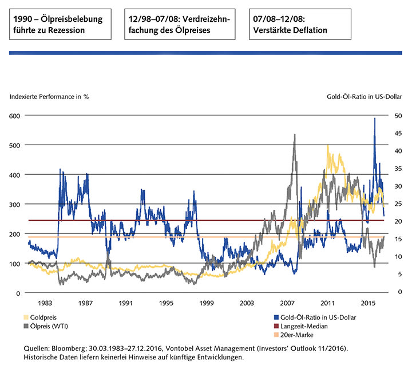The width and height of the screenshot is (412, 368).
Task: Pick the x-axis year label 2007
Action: click(x=287, y=302)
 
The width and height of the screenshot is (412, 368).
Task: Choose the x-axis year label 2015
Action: click(x=368, y=302)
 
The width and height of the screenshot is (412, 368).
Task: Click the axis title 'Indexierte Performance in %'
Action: click(x=49, y=96)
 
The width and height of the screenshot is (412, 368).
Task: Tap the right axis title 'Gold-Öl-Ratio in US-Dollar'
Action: click(x=362, y=96)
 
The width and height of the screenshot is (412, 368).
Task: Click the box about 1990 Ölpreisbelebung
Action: click(x=60, y=25)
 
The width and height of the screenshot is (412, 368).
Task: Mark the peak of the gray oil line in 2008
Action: click(x=294, y=135)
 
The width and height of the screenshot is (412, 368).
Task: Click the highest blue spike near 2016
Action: click(x=375, y=118)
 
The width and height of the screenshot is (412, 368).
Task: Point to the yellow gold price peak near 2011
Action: click(x=328, y=146)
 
